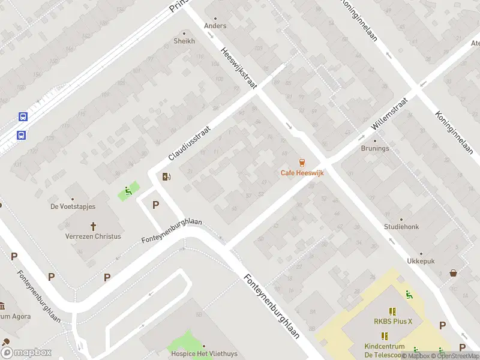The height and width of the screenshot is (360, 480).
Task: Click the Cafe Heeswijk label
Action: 302,173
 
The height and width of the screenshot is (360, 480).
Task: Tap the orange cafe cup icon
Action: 302,162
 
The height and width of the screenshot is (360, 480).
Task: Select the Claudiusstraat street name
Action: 191,143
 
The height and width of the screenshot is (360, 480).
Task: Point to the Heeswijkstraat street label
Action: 238,69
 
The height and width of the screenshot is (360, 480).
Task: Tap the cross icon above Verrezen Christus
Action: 94,226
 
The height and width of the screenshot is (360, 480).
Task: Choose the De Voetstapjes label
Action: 73,206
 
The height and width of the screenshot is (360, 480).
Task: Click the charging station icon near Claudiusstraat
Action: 166,176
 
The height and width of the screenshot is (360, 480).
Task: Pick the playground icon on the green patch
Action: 128,192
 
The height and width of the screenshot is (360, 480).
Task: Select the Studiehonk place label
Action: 401,227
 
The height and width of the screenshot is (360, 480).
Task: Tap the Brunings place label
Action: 374,148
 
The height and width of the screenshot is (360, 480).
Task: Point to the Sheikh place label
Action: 184,41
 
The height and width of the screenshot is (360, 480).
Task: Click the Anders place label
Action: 215,26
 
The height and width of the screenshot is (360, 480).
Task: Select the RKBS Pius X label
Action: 393,321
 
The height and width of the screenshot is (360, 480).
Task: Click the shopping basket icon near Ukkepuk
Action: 454,274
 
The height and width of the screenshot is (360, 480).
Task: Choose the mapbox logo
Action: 26,353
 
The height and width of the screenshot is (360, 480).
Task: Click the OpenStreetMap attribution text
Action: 455,356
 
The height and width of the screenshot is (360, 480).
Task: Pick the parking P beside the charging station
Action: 156,205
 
